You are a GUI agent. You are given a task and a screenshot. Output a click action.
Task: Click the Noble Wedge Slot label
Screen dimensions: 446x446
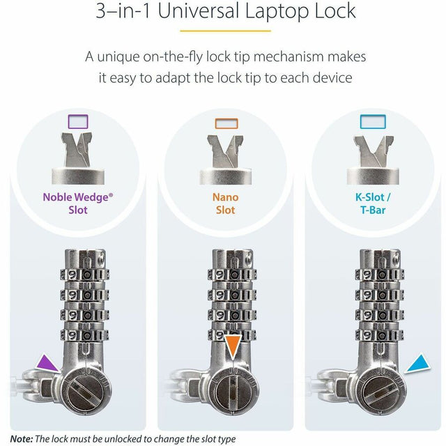pyautogui.click(x=78, y=203)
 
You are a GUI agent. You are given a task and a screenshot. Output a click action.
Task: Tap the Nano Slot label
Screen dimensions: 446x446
pyautogui.click(x=225, y=203)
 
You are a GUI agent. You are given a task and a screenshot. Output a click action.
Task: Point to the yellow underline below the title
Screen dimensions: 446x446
pyautogui.click(x=224, y=31)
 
